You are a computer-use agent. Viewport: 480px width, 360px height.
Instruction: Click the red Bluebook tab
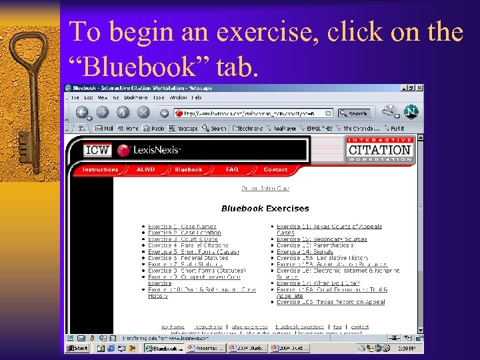tap(189, 170)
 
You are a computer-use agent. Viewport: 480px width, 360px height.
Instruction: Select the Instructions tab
tap(100, 170)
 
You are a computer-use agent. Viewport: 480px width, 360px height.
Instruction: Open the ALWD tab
tap(146, 170)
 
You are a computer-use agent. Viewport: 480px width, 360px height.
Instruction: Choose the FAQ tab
tap(232, 170)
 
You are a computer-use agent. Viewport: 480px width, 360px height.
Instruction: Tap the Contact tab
tap(275, 170)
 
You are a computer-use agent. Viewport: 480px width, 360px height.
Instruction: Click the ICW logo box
tap(97, 150)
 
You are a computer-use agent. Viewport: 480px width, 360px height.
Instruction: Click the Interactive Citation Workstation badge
tap(380, 150)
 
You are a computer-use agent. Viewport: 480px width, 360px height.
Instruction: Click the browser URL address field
tap(253, 113)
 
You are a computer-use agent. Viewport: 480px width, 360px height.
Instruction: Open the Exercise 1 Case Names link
tap(181, 227)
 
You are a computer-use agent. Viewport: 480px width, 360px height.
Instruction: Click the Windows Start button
tap(78, 348)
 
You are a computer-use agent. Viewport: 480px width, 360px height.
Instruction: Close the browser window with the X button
tap(419, 87)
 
